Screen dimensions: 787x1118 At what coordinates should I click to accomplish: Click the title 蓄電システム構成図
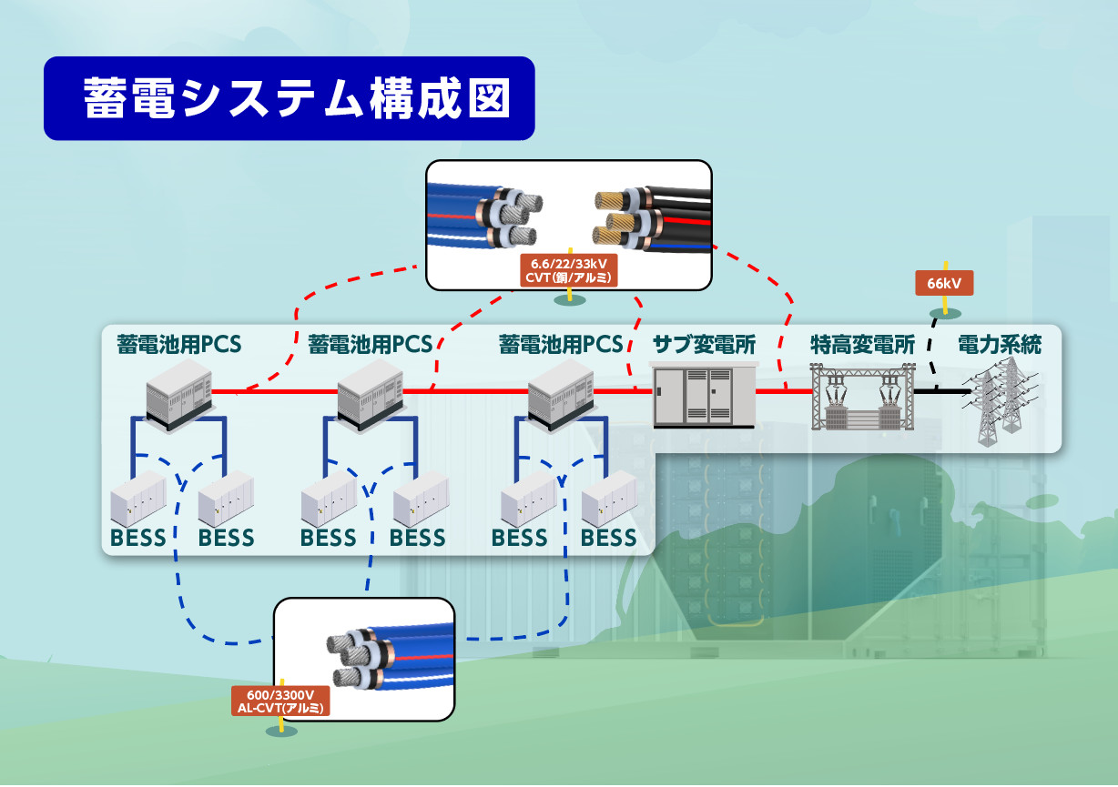click(289, 98)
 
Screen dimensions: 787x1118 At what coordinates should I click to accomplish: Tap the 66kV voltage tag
click(944, 284)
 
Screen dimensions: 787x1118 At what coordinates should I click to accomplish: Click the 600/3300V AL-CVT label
click(280, 701)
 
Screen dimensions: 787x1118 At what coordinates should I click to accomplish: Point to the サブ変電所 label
click(704, 345)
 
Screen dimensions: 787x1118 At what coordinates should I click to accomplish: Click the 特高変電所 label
click(862, 345)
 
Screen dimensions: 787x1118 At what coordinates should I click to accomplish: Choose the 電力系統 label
click(999, 345)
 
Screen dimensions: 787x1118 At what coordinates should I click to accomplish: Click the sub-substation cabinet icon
click(705, 394)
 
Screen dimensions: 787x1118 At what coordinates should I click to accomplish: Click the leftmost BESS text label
click(138, 538)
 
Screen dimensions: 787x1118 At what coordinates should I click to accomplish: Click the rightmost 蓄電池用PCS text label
click(561, 345)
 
